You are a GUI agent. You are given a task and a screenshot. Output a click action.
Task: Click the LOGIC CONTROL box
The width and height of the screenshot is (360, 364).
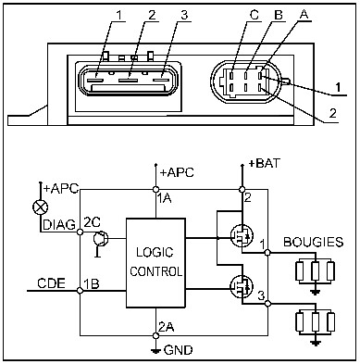point(155,263)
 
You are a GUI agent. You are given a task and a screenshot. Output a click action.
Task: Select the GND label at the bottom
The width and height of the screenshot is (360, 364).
point(179,350)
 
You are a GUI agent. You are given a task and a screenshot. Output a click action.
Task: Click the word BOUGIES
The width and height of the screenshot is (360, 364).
point(313,242)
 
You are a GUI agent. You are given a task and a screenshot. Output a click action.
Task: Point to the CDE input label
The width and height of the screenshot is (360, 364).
point(51,282)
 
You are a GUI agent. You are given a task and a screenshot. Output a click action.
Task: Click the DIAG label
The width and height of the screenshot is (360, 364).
point(59,225)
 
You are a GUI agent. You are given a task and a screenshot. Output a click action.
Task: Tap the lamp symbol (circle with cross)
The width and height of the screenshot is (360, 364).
point(40,207)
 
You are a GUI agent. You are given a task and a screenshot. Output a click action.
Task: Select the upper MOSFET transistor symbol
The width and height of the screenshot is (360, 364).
point(242,235)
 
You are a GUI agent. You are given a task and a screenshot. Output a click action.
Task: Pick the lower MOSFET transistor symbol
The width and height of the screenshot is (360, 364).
point(242,287)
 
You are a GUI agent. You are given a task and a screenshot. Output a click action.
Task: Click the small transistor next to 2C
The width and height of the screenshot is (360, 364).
point(101,239)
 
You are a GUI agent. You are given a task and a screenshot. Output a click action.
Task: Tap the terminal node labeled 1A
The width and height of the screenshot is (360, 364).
point(155,189)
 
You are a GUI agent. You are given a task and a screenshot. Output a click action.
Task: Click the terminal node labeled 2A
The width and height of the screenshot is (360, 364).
point(155,335)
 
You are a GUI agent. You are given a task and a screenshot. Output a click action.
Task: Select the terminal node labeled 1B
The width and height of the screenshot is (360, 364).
point(80,291)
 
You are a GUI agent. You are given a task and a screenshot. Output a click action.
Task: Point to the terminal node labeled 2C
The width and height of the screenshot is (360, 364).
point(80,232)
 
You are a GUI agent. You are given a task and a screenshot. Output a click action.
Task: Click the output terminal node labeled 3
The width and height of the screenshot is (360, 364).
point(267,304)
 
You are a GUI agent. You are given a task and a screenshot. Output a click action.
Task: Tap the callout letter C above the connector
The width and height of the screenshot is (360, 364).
point(254,15)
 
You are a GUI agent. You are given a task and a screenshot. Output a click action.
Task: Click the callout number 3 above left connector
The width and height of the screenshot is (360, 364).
point(184,15)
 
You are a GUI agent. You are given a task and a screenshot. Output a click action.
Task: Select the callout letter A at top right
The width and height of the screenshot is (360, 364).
point(304,15)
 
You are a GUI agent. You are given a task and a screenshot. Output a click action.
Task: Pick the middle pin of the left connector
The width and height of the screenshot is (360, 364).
point(129,81)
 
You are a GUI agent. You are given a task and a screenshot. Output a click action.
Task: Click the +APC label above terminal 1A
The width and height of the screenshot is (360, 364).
point(177,172)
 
